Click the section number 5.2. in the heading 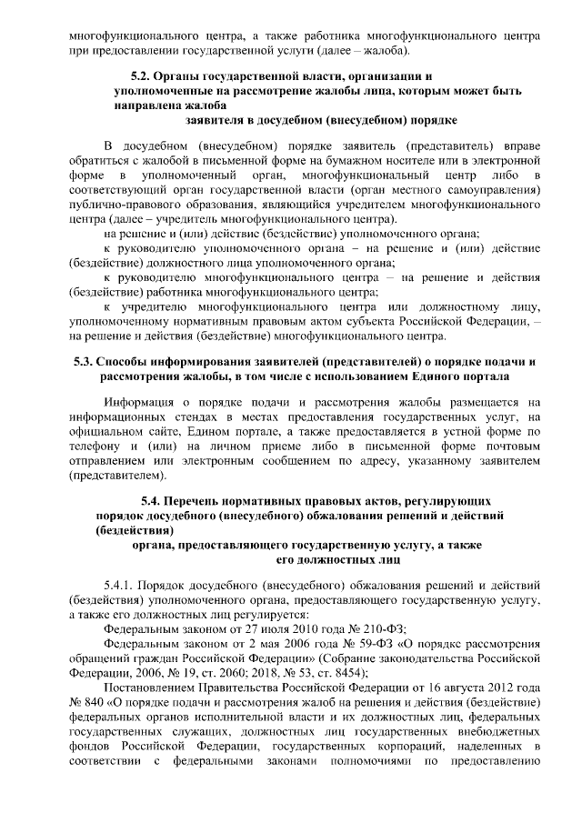tap(145, 76)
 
